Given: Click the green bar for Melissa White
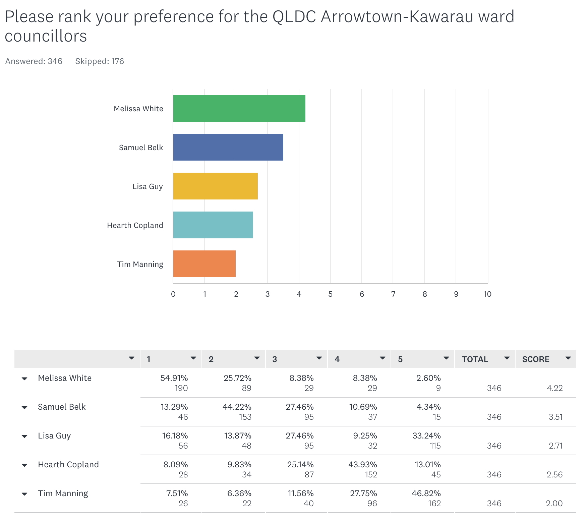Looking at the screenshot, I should coord(239,108).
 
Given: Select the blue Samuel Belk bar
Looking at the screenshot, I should coord(228,147).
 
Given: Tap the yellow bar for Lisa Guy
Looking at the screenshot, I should coord(215,186).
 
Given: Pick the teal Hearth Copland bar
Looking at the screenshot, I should coord(213,225).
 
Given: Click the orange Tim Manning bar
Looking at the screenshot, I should coord(204,264).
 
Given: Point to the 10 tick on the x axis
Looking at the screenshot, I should coord(487,294).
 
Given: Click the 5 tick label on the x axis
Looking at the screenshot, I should coord(330,294).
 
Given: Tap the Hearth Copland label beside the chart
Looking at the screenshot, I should coord(135,225).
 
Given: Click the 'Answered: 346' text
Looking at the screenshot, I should coord(34,61).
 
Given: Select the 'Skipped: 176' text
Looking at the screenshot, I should coord(100,61).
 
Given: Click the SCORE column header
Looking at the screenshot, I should coord(536,359).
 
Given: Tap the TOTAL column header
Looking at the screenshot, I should coord(475,359).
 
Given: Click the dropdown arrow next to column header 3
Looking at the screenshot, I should coord(319,358).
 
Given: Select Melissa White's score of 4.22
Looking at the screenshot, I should coord(554,388).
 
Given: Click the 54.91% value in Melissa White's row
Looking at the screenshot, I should coord(174,378).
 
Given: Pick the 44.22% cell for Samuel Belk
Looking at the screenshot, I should coord(237,407).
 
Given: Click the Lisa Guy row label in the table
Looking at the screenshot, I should coord(54,436).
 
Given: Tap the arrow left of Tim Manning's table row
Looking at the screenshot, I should coord(24,494).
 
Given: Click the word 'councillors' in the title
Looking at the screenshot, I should coord(46,36).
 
